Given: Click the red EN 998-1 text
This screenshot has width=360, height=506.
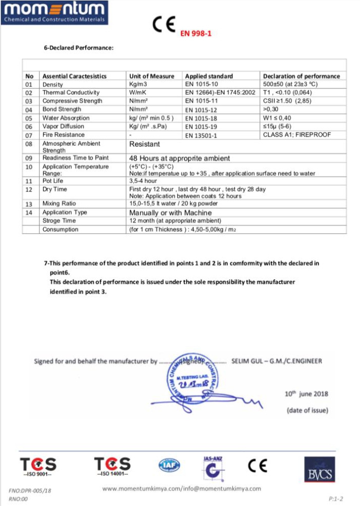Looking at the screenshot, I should pyautogui.click(x=195, y=34).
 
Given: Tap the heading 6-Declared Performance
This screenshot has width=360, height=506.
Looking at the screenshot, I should pyautogui.click(x=78, y=48).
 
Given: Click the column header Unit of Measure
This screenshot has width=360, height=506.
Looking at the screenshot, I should pyautogui.click(x=152, y=76).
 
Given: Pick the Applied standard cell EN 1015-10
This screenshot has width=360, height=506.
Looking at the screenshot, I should pyautogui.click(x=202, y=84).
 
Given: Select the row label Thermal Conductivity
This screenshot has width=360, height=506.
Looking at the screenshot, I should pyautogui.click(x=71, y=92).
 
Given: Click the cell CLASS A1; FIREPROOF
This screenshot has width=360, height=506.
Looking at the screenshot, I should pyautogui.click(x=297, y=135).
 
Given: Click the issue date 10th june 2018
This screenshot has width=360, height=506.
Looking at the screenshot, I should pyautogui.click(x=306, y=394).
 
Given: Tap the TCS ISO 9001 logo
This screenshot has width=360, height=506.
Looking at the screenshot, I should pyautogui.click(x=38, y=466).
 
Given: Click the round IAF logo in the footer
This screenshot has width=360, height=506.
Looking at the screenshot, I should pyautogui.click(x=169, y=465).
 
